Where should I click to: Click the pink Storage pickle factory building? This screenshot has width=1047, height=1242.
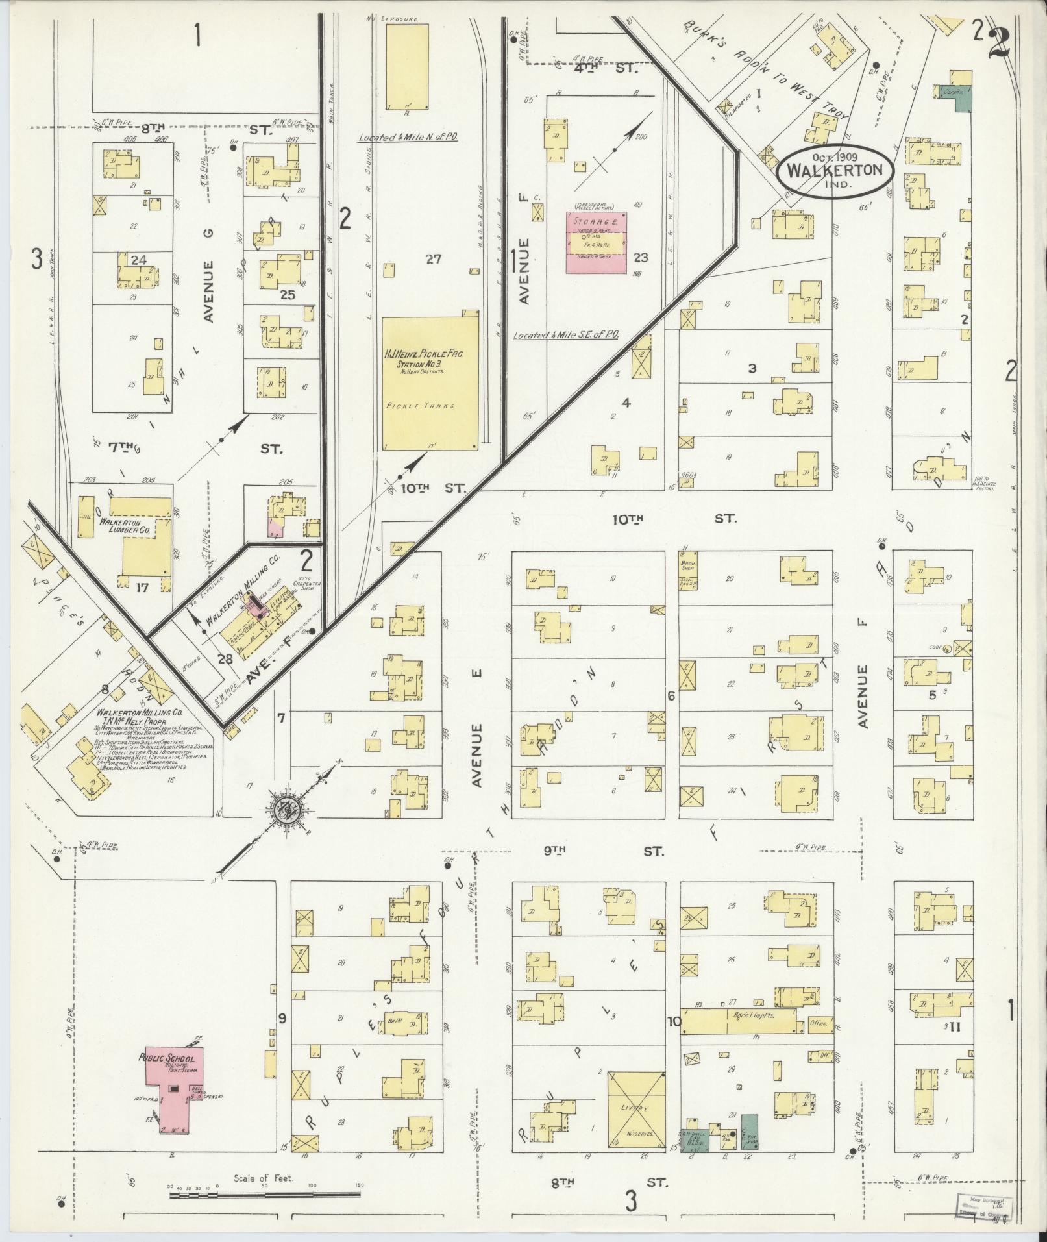point(597,242)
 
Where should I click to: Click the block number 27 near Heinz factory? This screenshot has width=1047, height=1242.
point(434,259)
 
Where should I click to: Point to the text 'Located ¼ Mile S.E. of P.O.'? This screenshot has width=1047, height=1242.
point(565,335)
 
